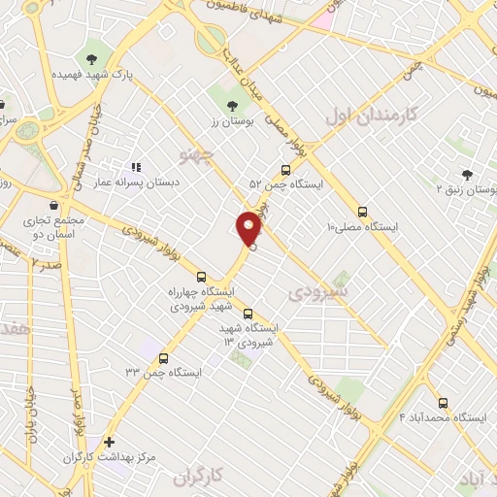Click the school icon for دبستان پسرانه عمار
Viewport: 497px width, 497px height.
(135, 167)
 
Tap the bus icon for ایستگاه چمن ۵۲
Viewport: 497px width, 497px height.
(284, 168)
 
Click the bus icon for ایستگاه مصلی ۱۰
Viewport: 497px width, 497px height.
(363, 211)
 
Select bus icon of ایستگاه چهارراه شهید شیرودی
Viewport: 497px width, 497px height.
(202, 276)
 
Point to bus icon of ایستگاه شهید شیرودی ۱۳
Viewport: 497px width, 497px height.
(248, 313)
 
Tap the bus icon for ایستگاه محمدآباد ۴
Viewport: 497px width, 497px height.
(444, 402)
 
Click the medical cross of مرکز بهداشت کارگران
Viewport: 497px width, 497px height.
(109, 441)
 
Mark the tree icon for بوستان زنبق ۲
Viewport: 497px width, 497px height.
(468, 175)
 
